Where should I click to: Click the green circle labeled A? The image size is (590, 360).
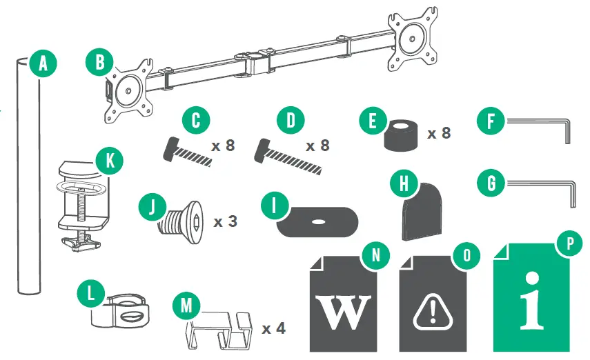coord(43,64)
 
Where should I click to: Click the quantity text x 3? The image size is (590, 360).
coord(226,222)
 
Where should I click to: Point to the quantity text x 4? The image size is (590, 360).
coord(273,328)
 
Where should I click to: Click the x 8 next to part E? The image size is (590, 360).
coord(438,132)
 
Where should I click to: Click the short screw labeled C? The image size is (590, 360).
coord(185,151)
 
